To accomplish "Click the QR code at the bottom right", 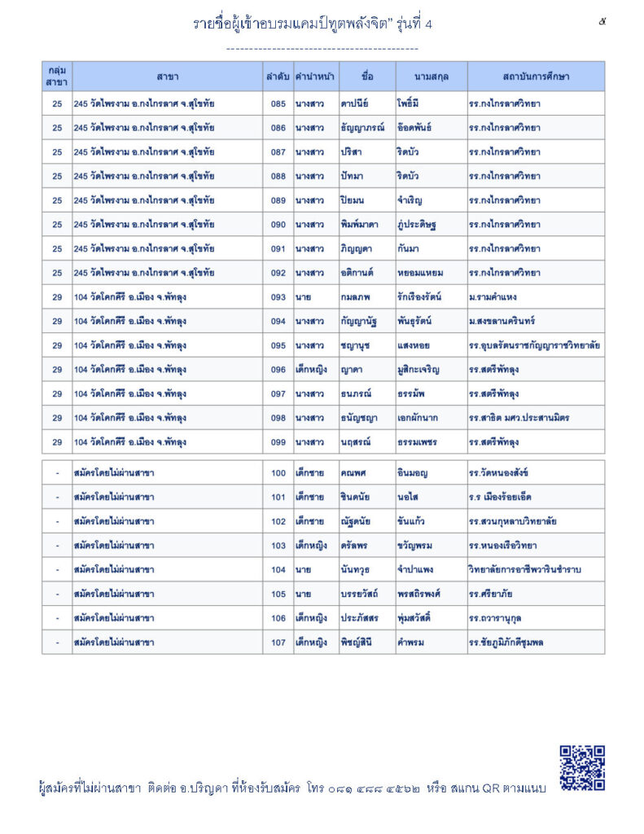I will point(582,767).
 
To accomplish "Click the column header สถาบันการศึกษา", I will point(535,77).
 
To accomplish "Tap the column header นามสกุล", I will point(431,77).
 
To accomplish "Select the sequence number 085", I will point(278,104).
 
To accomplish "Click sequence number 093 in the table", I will point(278,297).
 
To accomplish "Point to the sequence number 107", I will point(278,642).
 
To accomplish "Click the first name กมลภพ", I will point(356,297).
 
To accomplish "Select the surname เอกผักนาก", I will point(418,418).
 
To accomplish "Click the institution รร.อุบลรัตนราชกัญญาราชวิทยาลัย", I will point(535,345).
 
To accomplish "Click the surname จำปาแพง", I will point(417,569).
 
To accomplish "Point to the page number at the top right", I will point(602,22).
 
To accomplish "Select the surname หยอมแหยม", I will point(419,273).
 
